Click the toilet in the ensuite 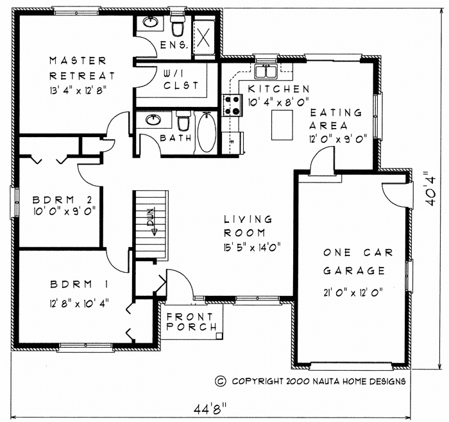[177, 26]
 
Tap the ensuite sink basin [149, 22]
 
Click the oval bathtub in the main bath [207, 133]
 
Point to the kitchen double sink [266, 71]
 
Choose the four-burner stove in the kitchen [232, 105]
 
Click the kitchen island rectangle [282, 125]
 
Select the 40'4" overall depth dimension [430, 189]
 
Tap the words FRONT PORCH [192, 321]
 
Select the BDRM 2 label [62, 199]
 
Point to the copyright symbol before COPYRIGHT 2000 [220, 381]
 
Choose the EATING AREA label [335, 119]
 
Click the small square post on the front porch [219, 336]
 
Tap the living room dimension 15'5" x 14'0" [252, 247]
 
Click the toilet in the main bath [183, 122]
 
